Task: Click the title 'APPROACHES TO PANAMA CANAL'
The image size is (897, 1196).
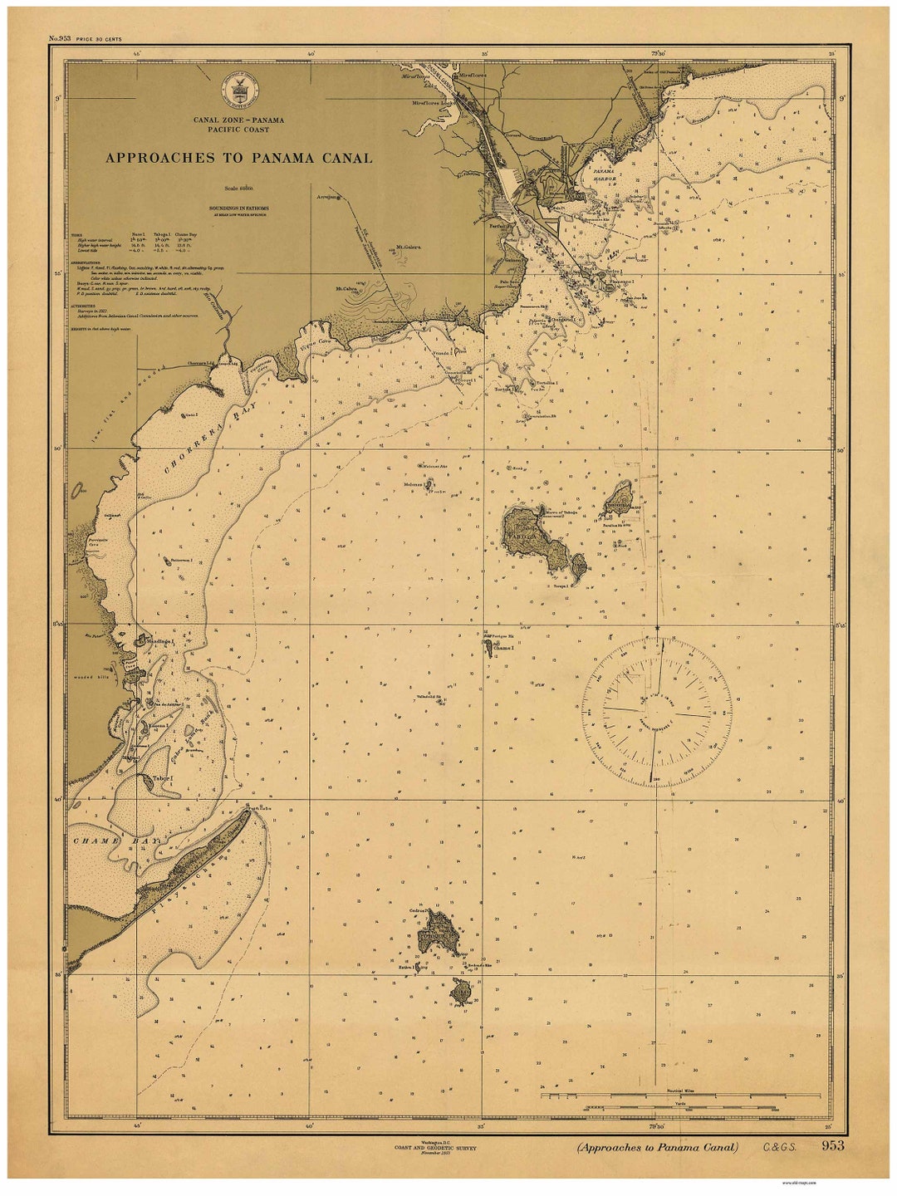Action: point(238,158)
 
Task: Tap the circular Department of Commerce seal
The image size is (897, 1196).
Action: point(239,87)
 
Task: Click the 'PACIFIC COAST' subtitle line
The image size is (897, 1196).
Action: point(238,130)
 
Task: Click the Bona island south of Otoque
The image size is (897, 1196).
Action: point(462,990)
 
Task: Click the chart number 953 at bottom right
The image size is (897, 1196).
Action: point(832,1146)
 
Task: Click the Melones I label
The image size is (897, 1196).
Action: point(413,483)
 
